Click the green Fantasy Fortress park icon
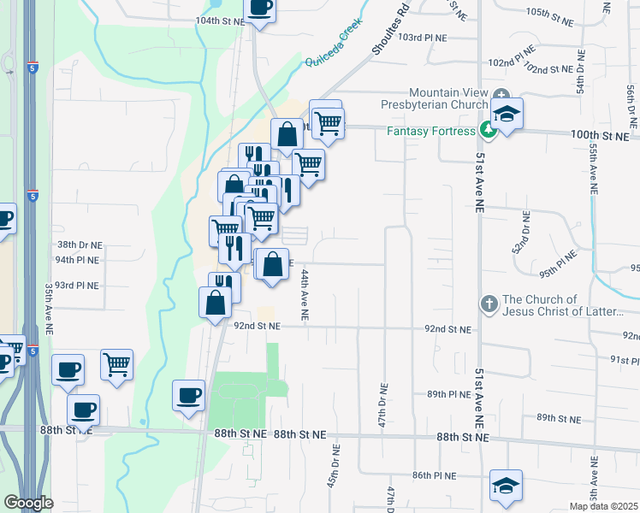pos(488,131)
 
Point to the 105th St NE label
pos(548,13)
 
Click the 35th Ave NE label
pos(50,310)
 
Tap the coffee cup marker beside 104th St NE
pos(261,7)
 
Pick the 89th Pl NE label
pos(448,394)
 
